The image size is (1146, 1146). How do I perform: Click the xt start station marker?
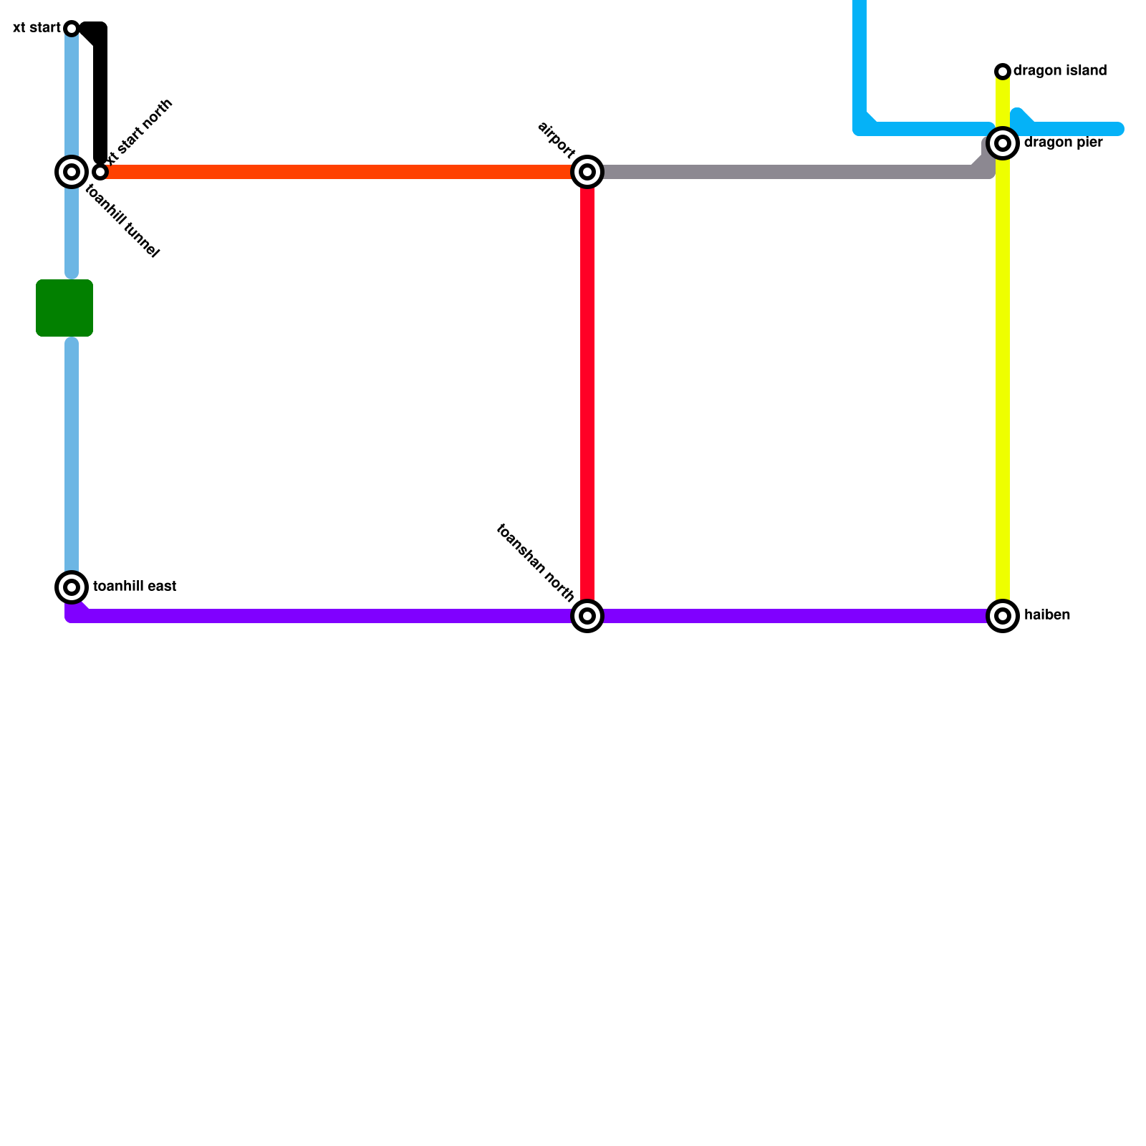coord(72,29)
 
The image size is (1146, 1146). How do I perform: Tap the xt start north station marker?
coord(100,172)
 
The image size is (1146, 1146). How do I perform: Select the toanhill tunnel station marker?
coord(72,172)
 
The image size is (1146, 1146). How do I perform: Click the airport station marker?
coord(587,172)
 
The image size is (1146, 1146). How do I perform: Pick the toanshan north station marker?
coord(587,616)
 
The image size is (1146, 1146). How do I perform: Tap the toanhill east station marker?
coord(72,587)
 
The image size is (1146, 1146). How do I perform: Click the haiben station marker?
coord(1003,616)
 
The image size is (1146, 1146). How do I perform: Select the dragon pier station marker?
coord(1003,143)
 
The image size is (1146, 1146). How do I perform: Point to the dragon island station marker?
coord(1003,71)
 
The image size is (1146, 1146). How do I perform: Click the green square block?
coord(64,308)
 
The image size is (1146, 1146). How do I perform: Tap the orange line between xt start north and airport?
coord(344,172)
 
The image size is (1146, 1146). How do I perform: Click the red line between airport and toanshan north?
coord(587,394)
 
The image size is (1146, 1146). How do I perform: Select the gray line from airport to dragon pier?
coord(788,172)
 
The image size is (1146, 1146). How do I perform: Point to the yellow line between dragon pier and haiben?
coord(1003,380)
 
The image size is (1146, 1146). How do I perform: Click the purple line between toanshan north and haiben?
coord(795,616)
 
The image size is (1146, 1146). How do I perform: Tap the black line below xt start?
coord(100,93)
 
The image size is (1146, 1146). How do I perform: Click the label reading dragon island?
coord(1060,71)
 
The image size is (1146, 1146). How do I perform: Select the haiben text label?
coord(1046,615)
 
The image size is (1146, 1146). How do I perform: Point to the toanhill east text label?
coord(135,587)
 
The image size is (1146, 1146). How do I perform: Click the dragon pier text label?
coord(1063,143)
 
